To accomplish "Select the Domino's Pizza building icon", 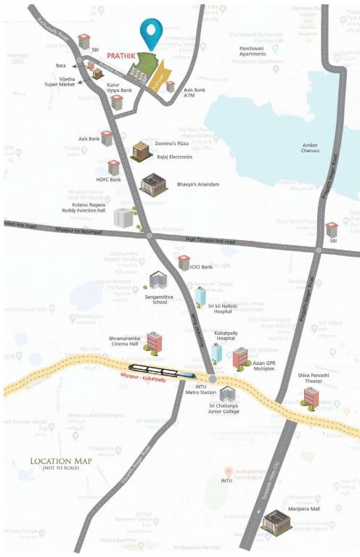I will click(x=140, y=152).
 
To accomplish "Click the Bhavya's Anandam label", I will click(x=198, y=184).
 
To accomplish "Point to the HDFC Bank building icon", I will click(x=113, y=168).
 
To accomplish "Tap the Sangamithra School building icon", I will click(x=158, y=280).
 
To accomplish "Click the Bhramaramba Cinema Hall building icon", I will click(x=154, y=340).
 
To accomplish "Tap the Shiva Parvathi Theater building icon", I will click(x=311, y=396).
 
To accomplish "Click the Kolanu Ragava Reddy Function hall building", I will click(x=124, y=216).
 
